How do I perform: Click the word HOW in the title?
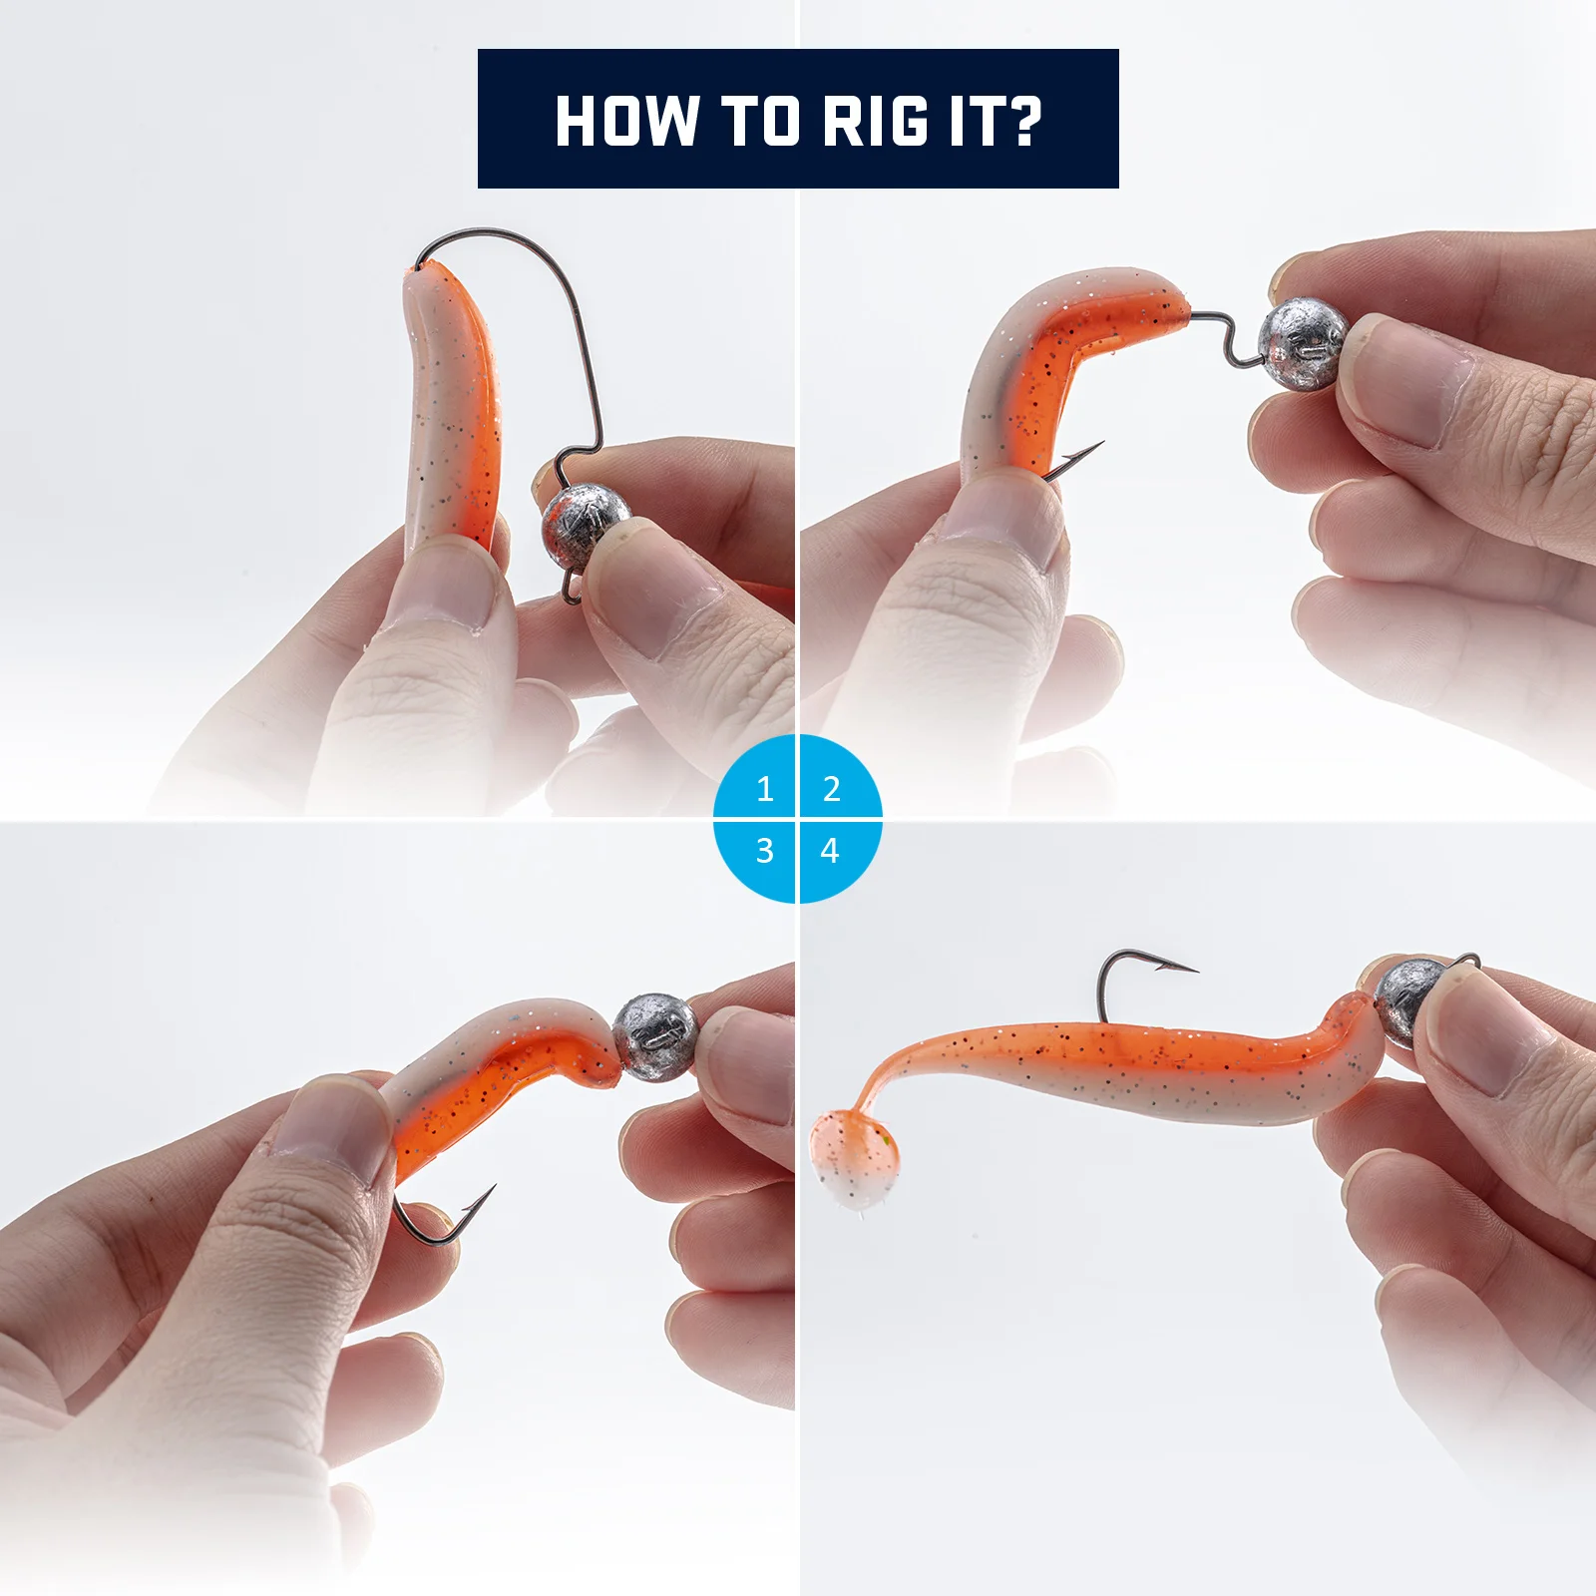(x=626, y=122)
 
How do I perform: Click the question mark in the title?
(x=1019, y=122)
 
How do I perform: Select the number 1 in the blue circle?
(x=765, y=789)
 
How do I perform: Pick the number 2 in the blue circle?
(x=831, y=789)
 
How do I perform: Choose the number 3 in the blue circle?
(x=765, y=851)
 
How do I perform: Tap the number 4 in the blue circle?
(x=830, y=851)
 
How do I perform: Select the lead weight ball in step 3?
(x=653, y=1037)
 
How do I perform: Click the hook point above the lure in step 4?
(x=1195, y=968)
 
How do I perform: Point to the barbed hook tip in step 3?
(x=493, y=1187)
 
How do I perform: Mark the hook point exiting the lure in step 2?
(x=1100, y=443)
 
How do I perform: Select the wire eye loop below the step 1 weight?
(x=572, y=588)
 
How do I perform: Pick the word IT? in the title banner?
(x=995, y=122)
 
